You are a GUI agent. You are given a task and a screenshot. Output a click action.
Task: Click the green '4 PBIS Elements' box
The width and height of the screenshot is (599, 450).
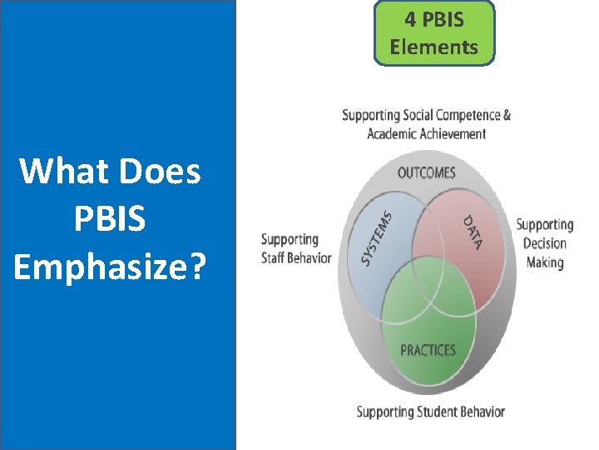(x=434, y=32)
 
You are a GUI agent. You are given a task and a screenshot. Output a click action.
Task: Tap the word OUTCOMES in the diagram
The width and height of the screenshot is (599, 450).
(x=427, y=172)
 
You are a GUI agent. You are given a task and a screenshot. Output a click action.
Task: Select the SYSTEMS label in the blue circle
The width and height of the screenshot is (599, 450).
(x=376, y=237)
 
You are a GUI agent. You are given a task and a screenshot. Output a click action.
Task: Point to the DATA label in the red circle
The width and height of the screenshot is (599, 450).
(x=473, y=231)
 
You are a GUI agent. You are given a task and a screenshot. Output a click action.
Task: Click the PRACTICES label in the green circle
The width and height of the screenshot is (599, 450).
(x=428, y=350)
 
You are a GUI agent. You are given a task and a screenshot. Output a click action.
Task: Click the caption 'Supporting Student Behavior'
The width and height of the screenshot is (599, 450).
(x=430, y=412)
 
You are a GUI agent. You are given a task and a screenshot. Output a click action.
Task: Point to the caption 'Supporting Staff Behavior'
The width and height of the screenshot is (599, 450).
(x=295, y=248)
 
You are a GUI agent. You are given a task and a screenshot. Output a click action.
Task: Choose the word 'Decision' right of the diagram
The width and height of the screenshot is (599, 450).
(x=545, y=243)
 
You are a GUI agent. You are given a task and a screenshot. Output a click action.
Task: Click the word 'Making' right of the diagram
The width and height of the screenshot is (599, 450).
(x=545, y=262)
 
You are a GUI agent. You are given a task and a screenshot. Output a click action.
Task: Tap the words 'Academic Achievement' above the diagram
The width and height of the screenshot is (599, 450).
(x=427, y=133)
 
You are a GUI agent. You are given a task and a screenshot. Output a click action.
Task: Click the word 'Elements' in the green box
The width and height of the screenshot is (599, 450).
(x=434, y=47)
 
